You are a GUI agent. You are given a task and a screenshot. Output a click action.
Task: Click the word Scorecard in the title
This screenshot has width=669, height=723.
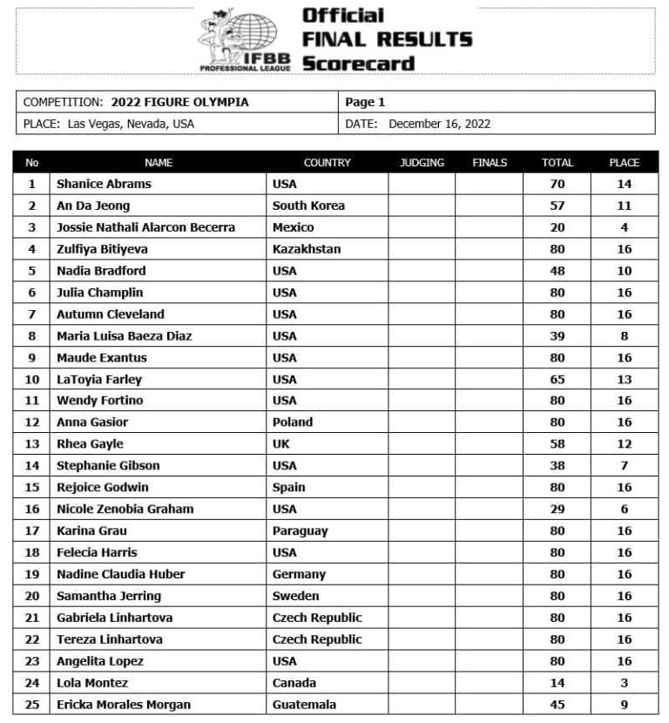(358, 63)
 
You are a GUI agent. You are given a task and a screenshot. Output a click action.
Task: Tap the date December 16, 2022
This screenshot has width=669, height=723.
(439, 124)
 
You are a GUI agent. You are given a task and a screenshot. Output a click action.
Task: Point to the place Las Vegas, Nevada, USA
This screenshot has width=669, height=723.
(131, 124)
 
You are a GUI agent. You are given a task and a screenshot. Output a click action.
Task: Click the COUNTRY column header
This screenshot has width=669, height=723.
(327, 162)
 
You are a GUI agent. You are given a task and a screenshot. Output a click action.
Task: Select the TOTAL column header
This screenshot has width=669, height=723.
(557, 162)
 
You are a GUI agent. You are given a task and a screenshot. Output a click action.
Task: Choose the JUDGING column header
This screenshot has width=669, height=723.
(422, 162)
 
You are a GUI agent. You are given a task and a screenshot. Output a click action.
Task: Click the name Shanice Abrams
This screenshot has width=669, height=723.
(104, 184)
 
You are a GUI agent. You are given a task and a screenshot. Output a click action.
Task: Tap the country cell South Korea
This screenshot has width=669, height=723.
(308, 206)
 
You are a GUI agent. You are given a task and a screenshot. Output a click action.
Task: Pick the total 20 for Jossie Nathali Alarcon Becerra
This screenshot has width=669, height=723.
(557, 227)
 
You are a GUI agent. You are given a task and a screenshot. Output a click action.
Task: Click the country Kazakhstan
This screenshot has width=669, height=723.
(307, 249)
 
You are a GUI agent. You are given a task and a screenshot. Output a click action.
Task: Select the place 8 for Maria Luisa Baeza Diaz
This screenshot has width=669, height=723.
(624, 335)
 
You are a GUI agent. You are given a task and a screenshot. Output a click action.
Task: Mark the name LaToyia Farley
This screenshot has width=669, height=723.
(99, 379)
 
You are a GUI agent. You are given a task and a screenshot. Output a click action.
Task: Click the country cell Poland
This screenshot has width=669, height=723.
(293, 422)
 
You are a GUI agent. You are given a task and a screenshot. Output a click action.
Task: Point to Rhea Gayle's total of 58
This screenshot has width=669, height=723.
(557, 443)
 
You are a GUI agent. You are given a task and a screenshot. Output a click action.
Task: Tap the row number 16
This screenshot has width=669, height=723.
(32, 509)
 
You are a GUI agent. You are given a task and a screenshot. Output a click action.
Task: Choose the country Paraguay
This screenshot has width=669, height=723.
(300, 530)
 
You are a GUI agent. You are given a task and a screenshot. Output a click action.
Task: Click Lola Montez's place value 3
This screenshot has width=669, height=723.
(624, 683)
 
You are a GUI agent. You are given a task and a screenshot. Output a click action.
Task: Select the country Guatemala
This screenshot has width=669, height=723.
(304, 705)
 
